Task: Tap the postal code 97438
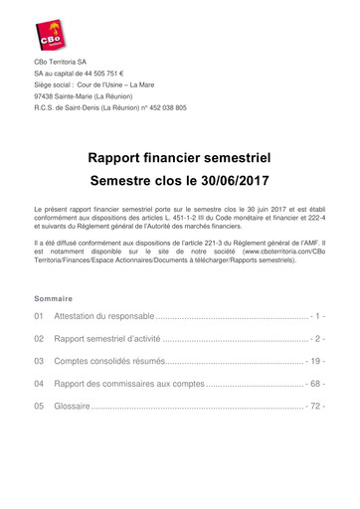(47, 94)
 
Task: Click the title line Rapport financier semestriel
(179, 158)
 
